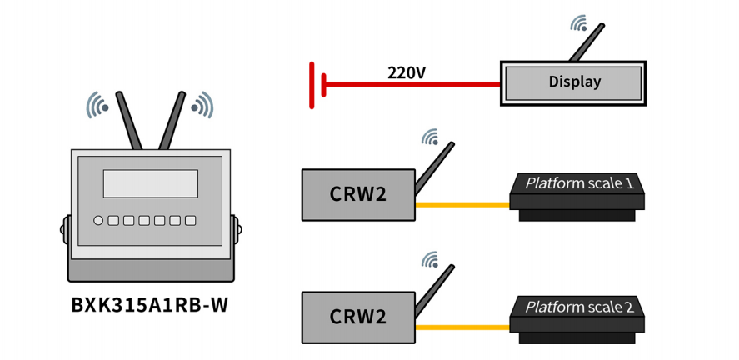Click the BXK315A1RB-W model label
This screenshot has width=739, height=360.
pos(149,305)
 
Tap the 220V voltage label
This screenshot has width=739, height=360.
pos(406,72)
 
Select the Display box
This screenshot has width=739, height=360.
pos(573,82)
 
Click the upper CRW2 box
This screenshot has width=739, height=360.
pos(358,194)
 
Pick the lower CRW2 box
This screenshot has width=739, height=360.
pos(358,317)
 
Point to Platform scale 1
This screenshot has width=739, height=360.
pos(577,194)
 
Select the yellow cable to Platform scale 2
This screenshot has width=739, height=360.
pos(462,327)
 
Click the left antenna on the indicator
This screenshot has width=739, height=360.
pos(130,122)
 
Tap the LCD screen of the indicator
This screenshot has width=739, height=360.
pos(150,183)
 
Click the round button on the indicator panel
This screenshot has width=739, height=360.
pos(99,221)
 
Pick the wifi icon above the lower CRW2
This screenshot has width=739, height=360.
pos(430,259)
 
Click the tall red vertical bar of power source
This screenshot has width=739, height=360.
pos(312,85)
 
